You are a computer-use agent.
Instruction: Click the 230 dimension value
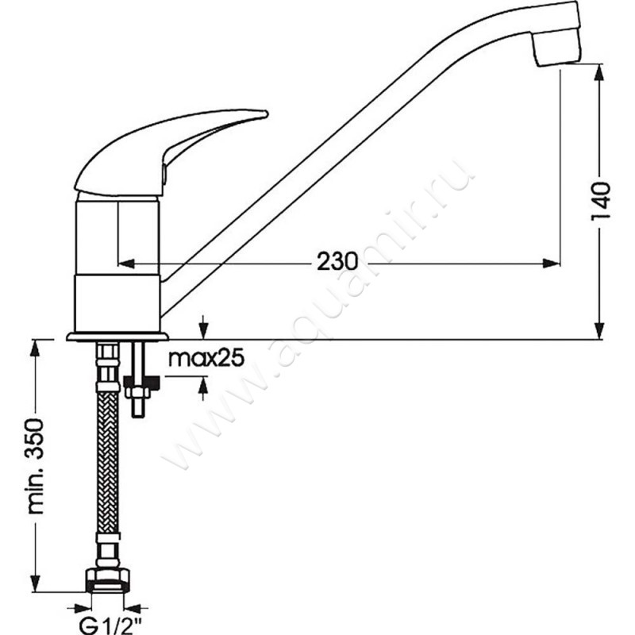[337, 261]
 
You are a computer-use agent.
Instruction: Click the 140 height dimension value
[601, 202]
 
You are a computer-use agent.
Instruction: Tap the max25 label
[206, 358]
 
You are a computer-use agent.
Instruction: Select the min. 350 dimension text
[35, 467]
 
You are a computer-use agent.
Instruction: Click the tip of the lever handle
[266, 114]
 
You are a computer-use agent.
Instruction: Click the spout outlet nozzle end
[558, 64]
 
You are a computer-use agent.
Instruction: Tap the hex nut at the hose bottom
[108, 581]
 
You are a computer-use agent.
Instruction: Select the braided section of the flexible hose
[108, 463]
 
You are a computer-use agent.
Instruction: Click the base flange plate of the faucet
[117, 337]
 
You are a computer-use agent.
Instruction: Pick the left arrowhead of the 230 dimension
[125, 264]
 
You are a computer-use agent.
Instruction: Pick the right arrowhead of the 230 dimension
[552, 264]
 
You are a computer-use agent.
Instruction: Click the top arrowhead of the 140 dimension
[599, 72]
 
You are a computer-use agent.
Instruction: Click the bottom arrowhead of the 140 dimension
[599, 331]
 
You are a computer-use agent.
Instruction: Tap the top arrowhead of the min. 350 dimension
[36, 348]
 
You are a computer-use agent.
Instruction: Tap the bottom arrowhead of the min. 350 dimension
[36, 583]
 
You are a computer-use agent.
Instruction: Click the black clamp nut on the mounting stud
[142, 383]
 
